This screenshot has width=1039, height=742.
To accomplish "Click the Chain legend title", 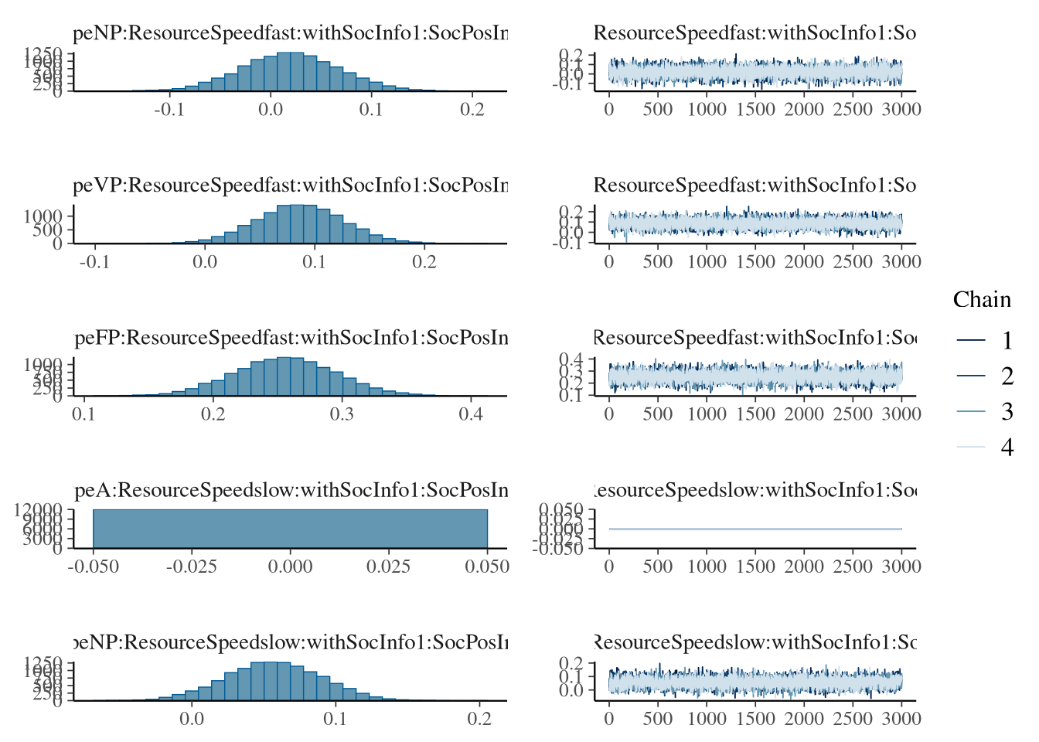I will (x=982, y=300).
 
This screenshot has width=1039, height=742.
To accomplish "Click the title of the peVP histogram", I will (x=291, y=185).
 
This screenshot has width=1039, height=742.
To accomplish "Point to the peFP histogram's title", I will (x=291, y=338).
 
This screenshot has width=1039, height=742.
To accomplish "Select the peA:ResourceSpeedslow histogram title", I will (x=291, y=490).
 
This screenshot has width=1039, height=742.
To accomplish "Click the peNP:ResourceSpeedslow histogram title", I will (x=291, y=642).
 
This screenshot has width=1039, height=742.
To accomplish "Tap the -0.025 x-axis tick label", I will (x=192, y=567).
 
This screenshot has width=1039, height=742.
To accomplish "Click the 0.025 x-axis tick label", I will (x=389, y=567).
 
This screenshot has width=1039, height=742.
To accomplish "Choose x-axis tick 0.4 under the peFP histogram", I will (x=471, y=414).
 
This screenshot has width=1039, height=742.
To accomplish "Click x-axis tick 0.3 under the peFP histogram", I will (x=342, y=414).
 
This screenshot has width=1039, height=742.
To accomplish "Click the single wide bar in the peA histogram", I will (x=290, y=529).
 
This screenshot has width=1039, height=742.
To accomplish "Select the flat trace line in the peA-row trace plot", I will (x=755, y=529).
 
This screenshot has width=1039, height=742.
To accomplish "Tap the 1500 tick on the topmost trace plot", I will (x=755, y=110).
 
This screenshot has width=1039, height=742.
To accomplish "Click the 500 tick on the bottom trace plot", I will (x=658, y=719).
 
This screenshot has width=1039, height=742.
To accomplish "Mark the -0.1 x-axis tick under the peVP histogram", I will (x=94, y=262).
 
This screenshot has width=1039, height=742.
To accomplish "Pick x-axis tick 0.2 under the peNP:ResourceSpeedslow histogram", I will (x=479, y=719).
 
